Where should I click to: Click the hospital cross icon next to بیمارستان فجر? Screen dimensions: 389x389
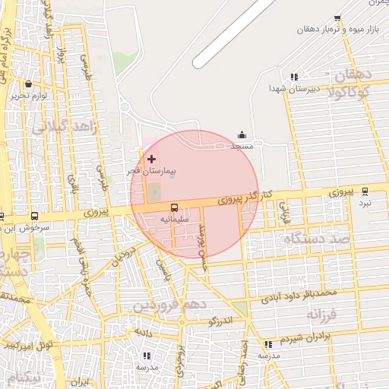click(x=152, y=159)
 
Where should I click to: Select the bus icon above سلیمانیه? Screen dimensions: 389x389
click(x=174, y=207)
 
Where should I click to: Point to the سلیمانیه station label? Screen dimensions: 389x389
click(x=174, y=219)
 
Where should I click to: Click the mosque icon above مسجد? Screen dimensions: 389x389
click(x=242, y=134)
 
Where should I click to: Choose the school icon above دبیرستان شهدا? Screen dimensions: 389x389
click(x=293, y=77)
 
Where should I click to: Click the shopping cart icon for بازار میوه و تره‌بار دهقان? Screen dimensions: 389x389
click(x=337, y=18)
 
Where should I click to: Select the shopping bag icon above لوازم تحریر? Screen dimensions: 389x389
click(x=29, y=84)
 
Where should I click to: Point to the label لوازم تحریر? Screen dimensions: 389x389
click(x=29, y=96)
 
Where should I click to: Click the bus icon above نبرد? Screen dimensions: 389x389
click(x=365, y=191)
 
